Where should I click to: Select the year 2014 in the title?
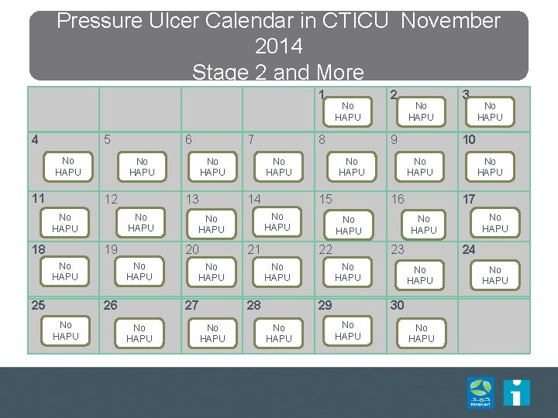(x=278, y=46)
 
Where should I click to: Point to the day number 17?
(x=469, y=199)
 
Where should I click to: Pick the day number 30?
(x=398, y=305)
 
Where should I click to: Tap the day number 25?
(x=38, y=305)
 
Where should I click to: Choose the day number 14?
(x=253, y=199)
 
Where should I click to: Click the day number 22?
(x=325, y=249)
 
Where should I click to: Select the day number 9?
(x=394, y=140)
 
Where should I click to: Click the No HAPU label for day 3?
(x=490, y=111)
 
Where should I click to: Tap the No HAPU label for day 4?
(x=68, y=166)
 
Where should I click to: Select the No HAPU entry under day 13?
(x=212, y=224)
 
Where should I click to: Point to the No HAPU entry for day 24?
(x=494, y=276)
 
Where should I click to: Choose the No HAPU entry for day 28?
(x=279, y=334)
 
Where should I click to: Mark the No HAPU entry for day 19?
(x=139, y=272)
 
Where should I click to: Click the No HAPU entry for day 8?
(x=352, y=167)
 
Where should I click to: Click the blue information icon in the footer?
(x=516, y=392)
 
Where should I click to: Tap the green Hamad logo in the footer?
(x=480, y=392)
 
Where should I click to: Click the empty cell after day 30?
(x=493, y=326)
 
